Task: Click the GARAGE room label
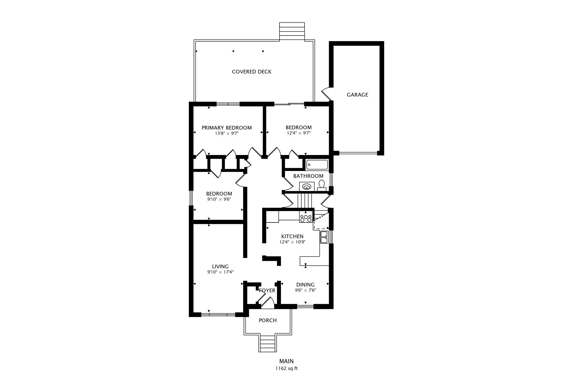[x=357, y=95]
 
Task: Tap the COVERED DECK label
[x=252, y=72]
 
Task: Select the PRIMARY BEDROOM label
[x=227, y=128]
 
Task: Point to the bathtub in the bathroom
[x=317, y=165]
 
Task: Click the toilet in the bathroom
[x=322, y=186]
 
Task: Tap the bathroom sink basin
[x=307, y=186]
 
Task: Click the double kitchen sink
[x=324, y=237]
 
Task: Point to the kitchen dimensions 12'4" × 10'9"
[x=292, y=242]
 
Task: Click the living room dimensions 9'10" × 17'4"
[x=220, y=272]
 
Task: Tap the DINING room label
[x=306, y=285]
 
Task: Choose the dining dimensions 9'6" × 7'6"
[x=306, y=290]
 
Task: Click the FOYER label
[x=267, y=290]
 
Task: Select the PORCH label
[x=268, y=320]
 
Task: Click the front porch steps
[x=268, y=344]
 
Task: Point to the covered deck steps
[x=292, y=32]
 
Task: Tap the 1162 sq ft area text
[x=286, y=368]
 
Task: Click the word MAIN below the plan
[x=286, y=361]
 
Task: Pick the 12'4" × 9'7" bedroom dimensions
[x=299, y=133]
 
